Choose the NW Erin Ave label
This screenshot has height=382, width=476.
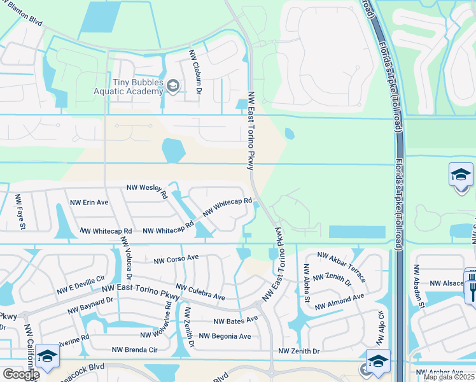(89, 202)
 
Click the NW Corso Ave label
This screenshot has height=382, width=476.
(176, 260)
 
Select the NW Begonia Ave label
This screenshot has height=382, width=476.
(225, 336)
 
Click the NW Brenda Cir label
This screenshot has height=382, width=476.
(134, 350)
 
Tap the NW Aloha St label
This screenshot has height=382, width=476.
(306, 284)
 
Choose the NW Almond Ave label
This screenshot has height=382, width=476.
(339, 301)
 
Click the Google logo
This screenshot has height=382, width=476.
(21, 374)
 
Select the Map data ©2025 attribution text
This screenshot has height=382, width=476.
(449, 377)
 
